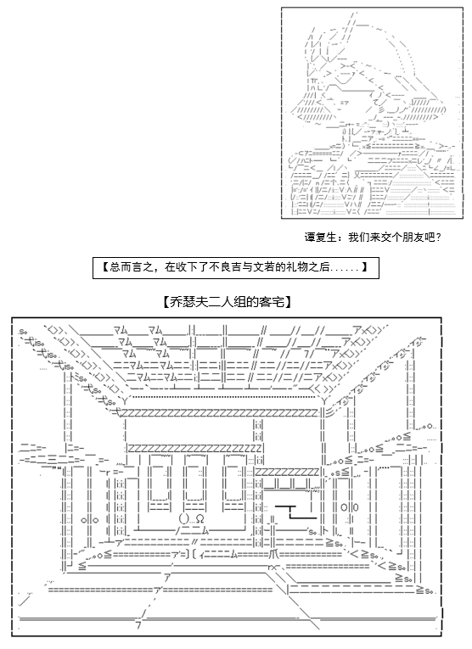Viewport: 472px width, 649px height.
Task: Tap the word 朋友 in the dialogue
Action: [x=413, y=238]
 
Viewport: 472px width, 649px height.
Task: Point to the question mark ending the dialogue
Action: [x=438, y=238]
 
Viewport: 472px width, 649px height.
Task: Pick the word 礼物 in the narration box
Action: [x=303, y=267]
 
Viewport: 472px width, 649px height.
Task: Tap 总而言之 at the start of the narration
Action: [x=129, y=267]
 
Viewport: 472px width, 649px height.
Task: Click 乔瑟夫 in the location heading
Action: [x=185, y=302]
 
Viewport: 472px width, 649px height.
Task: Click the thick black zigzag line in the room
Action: [x=295, y=512]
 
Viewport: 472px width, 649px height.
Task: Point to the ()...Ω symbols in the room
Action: [x=191, y=518]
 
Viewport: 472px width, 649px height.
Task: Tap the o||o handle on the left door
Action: [x=90, y=520]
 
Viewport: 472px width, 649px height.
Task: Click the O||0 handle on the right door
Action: [x=350, y=507]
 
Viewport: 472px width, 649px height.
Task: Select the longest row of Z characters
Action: [x=220, y=413]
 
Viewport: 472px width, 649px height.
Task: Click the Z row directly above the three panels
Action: [x=195, y=448]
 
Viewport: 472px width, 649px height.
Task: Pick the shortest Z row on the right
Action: [x=287, y=472]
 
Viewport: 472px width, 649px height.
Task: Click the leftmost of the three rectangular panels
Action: [x=159, y=483]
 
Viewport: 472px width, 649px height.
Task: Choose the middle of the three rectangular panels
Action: [x=194, y=483]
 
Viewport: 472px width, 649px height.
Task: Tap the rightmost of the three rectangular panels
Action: [x=234, y=483]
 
